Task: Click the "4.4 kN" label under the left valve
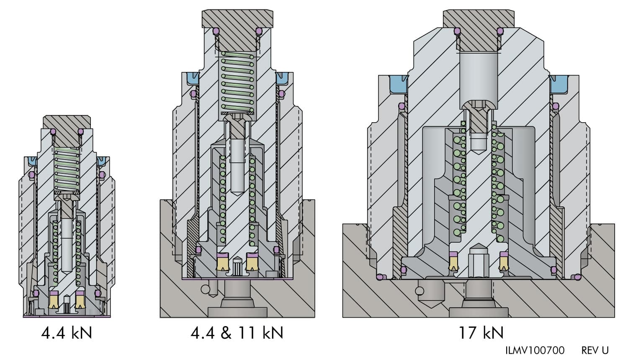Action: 67,333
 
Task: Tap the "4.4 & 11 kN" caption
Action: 237,333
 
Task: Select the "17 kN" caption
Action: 481,333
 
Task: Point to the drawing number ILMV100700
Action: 535,350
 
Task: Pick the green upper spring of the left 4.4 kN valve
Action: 67,170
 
